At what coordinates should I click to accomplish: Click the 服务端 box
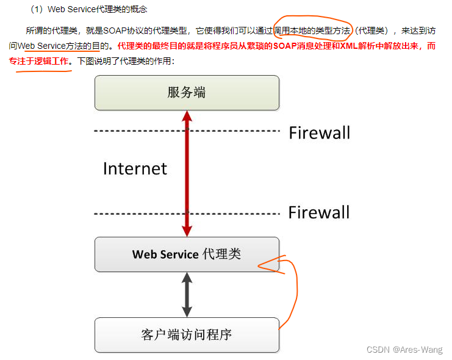187,93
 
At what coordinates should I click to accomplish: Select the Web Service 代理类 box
187,254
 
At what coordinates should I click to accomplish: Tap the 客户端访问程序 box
187,334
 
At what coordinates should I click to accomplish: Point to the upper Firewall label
319,132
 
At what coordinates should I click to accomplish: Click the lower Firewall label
319,212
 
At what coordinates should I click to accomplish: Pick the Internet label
135,168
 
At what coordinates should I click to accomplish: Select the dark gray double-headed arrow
187,294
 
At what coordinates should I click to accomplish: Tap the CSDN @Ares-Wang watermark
404,350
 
